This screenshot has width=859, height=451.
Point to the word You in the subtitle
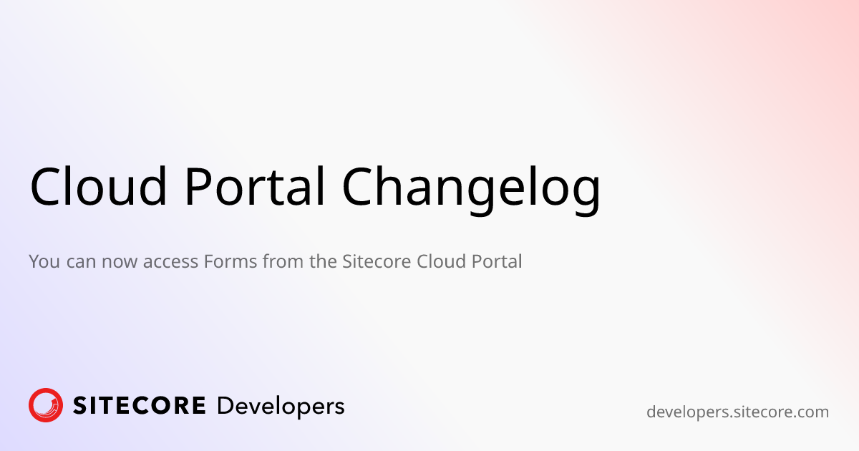(44, 261)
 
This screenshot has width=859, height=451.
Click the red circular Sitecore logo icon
(46, 406)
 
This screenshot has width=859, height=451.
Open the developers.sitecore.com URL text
(737, 412)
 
